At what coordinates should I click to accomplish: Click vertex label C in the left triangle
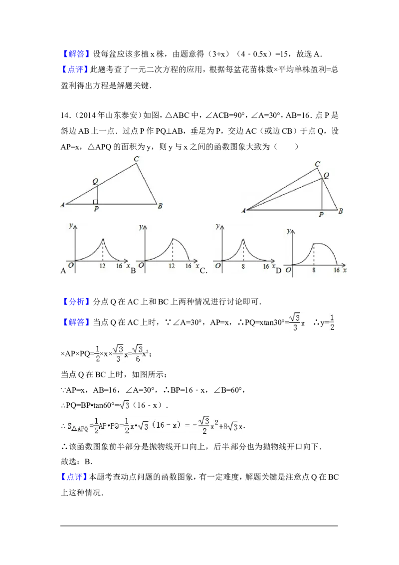[x=136, y=159]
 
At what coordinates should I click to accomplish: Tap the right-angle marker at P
[x=95, y=202]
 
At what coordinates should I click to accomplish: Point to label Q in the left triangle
[x=95, y=182]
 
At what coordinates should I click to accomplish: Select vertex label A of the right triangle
[x=243, y=211]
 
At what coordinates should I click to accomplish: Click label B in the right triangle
[x=341, y=211]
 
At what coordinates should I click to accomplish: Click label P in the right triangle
[x=321, y=215]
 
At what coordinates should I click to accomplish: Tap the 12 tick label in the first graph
[x=103, y=266]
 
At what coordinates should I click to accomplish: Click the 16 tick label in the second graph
[x=188, y=266]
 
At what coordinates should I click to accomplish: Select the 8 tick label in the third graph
[x=243, y=266]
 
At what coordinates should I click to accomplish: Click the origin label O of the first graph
[x=71, y=266]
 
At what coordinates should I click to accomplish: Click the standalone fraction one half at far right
[x=332, y=321]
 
